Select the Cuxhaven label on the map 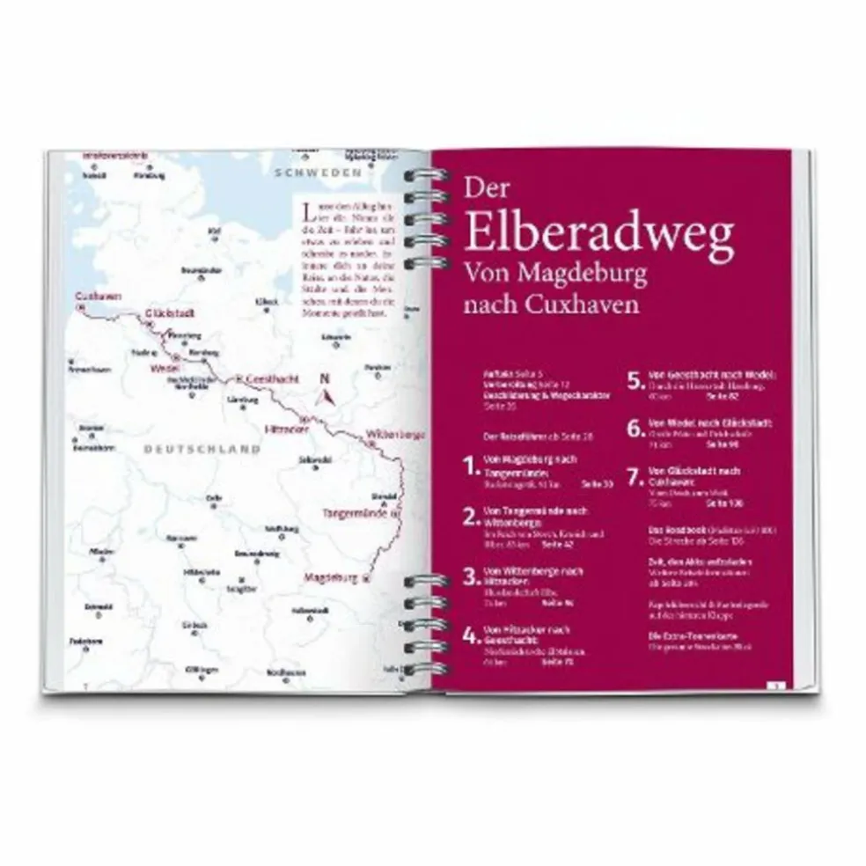(98, 296)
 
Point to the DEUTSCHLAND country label (202, 448)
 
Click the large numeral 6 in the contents (634, 429)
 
